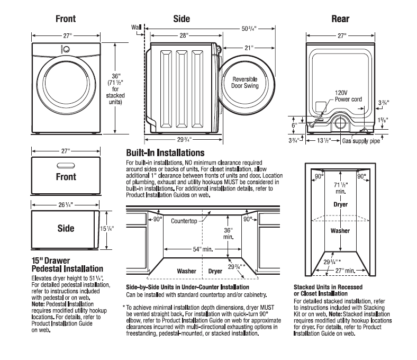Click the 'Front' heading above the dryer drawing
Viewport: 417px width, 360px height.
[x=66, y=19]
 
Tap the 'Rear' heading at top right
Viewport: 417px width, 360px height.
[x=340, y=19]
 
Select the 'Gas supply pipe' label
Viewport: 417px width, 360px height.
[x=361, y=141]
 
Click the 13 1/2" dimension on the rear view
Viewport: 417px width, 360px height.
[x=317, y=141]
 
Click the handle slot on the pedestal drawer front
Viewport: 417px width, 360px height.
[x=66, y=165]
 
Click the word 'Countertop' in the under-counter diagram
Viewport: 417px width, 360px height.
[x=184, y=221]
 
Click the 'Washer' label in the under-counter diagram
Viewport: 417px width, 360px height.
[x=186, y=271]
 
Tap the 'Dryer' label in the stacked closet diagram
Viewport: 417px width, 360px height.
[x=340, y=203]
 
